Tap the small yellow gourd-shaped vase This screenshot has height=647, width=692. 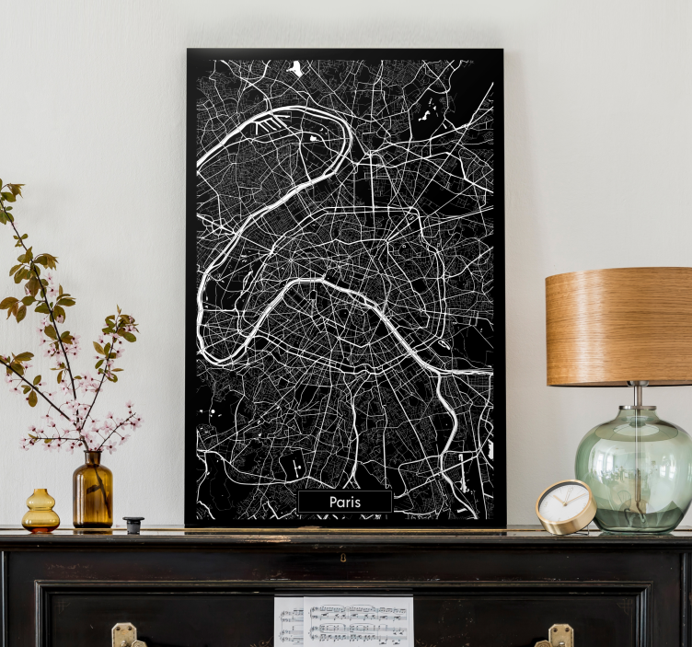pyautogui.click(x=40, y=512)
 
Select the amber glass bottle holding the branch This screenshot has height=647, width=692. pyautogui.click(x=93, y=495)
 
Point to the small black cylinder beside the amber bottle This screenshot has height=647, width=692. pyautogui.click(x=133, y=525)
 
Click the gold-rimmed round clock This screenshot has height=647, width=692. pyautogui.click(x=565, y=506)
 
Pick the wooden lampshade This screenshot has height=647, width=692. pyautogui.click(x=618, y=326)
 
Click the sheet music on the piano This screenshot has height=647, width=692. pyautogui.click(x=344, y=621)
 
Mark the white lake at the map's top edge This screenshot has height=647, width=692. pyautogui.click(x=296, y=67)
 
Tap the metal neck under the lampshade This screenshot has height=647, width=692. pyautogui.click(x=637, y=396)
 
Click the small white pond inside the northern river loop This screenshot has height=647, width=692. pyautogui.click(x=315, y=138)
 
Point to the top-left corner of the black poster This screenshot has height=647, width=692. pyautogui.click(x=188, y=51)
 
